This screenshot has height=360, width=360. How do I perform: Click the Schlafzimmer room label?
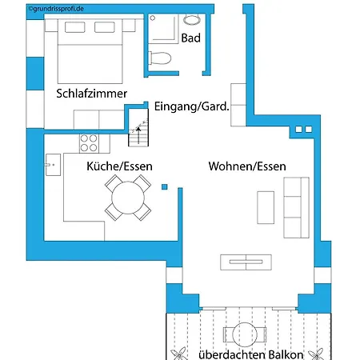91,94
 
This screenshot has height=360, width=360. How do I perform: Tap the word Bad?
190,38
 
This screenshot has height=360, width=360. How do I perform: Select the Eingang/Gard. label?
192,106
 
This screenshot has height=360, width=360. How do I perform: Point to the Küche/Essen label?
119,166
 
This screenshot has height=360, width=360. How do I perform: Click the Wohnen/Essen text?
247,166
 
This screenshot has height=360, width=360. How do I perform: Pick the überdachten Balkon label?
251,354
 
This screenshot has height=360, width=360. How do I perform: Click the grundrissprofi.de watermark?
56,9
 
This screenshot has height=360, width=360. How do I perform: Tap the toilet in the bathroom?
159,58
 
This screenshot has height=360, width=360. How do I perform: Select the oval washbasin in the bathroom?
191,20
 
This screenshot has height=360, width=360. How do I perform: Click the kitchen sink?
53,165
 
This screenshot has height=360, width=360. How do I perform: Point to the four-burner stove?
89,143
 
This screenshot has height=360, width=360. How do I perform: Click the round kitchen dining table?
128,198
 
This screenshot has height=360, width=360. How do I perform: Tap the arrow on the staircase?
138,135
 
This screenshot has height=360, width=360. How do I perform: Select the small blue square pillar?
165,187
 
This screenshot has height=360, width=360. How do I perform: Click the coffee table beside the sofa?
266,207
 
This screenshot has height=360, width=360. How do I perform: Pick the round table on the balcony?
245,334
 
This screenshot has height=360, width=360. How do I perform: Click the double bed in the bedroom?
90,51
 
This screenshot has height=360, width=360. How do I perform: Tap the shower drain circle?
153,18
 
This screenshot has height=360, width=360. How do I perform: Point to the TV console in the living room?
246,262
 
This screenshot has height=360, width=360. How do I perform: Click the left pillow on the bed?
75,27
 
